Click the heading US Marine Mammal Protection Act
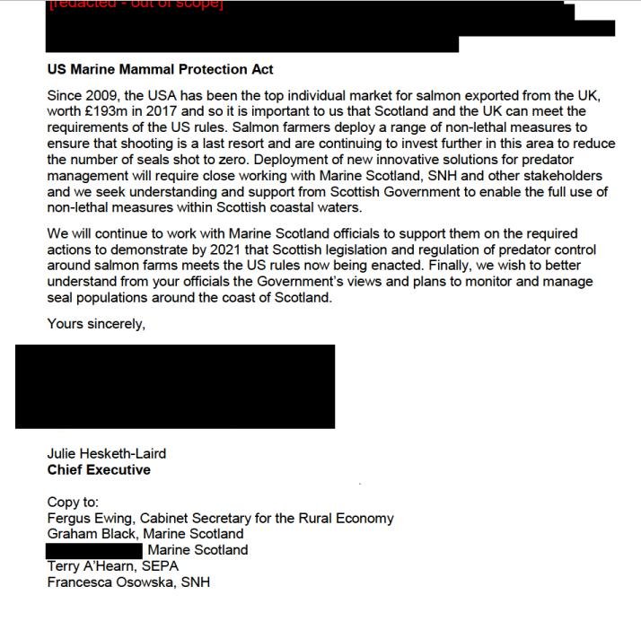coord(160,69)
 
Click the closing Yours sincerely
coord(96,324)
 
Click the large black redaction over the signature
coord(175,386)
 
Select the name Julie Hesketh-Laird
coord(107,453)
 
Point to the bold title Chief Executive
coord(99,469)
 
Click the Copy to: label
coord(73,503)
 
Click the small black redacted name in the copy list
coord(94,550)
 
